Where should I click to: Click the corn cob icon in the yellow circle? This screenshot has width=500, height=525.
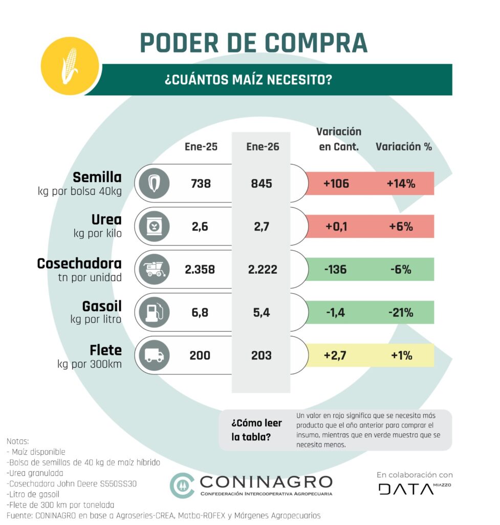coord(69,65)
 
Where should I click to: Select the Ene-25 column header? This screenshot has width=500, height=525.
coord(201,147)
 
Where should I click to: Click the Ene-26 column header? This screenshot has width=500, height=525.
coord(263,147)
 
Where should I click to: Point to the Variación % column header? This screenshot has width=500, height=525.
coord(404,147)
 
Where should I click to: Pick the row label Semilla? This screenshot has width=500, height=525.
coord(97,177)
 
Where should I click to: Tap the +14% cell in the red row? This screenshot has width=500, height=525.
coord(400,183)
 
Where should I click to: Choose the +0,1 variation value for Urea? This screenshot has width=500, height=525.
coord(336,226)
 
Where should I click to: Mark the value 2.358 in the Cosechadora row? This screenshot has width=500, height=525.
coord(200,269)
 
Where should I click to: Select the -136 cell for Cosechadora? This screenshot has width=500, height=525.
coord(336,269)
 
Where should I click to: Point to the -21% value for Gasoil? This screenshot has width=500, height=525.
coord(400,312)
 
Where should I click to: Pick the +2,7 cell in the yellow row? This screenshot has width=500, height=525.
coord(336,355)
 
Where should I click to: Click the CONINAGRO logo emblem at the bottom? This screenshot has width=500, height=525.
coord(182,484)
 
